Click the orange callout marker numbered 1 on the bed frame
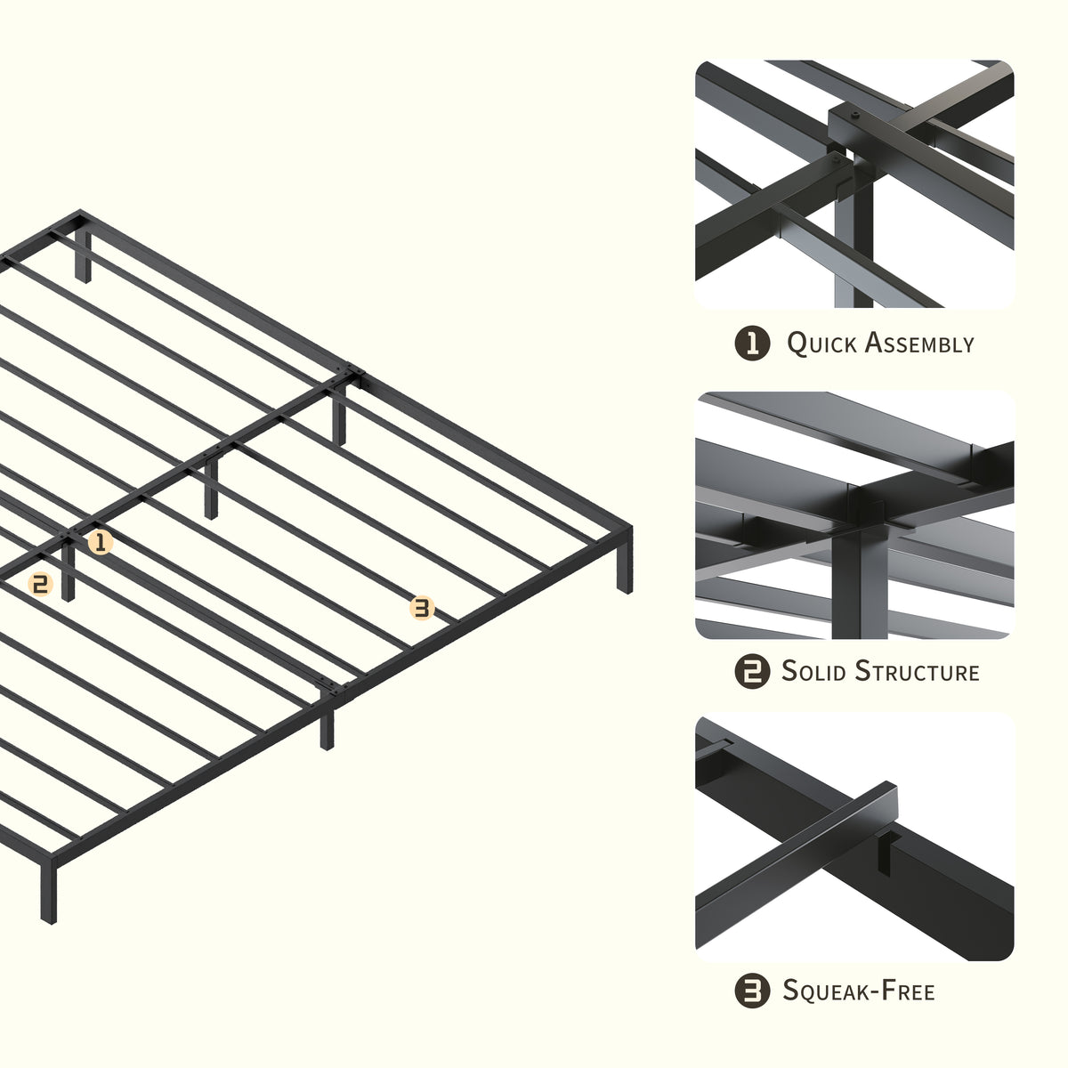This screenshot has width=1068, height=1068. (101, 542)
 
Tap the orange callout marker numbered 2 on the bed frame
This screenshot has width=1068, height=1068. (40, 584)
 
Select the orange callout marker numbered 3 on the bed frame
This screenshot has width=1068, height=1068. (422, 608)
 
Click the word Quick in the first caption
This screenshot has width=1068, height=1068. (821, 344)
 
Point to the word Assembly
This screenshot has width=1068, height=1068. (920, 343)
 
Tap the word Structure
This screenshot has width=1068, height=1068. (918, 671)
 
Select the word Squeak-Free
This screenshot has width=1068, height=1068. (859, 991)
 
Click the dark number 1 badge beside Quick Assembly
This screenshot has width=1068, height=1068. (752, 343)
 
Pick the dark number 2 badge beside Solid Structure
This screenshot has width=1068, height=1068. (752, 671)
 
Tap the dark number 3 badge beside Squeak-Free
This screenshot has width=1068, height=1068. (752, 991)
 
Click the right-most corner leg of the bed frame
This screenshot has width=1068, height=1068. (624, 561)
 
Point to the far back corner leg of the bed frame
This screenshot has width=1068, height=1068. (83, 255)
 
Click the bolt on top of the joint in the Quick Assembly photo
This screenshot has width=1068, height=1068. (855, 116)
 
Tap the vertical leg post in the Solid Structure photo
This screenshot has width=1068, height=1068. (860, 582)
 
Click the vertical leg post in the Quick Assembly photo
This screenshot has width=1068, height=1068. (854, 244)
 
